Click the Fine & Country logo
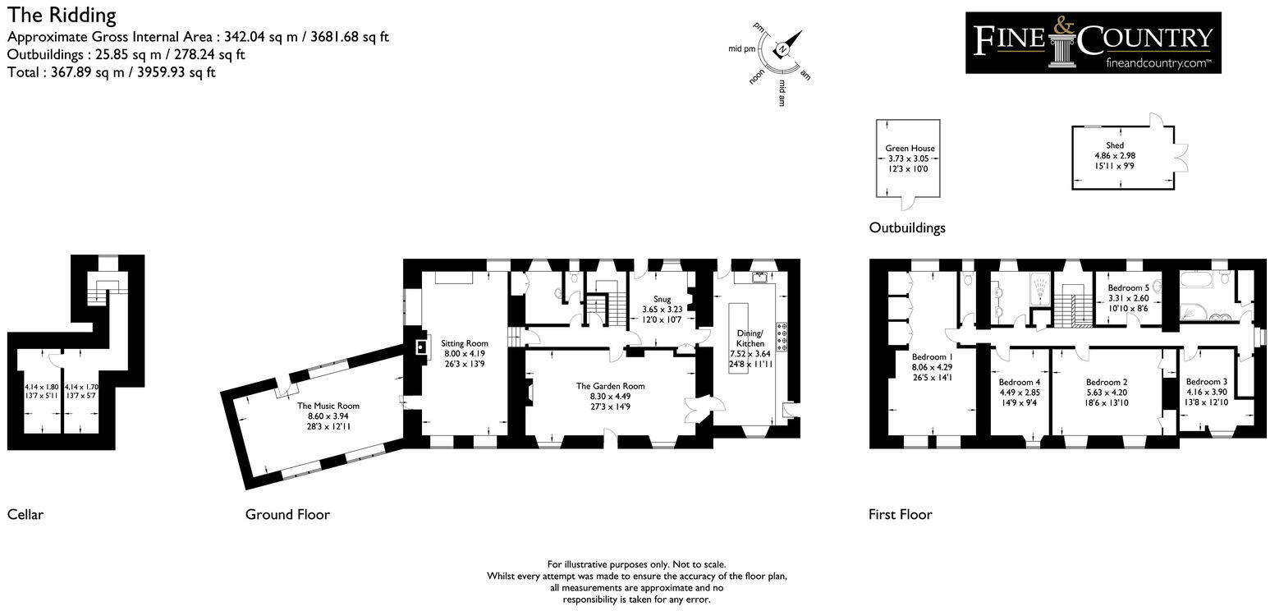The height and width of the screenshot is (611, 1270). click(1093, 43)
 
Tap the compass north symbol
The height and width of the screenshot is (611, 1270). click(783, 49)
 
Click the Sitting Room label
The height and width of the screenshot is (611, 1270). click(465, 343)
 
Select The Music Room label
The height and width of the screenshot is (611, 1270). click(328, 406)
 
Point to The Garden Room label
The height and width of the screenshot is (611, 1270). click(610, 386)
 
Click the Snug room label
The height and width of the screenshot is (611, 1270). click(663, 299)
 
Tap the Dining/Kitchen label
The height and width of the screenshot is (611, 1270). click(750, 338)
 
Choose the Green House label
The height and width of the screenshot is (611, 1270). click(910, 149)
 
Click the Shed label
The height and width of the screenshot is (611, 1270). click(1115, 145)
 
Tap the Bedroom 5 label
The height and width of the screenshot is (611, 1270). click(1128, 288)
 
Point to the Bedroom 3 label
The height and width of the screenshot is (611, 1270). click(1207, 382)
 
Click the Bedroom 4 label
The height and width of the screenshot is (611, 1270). click(1020, 382)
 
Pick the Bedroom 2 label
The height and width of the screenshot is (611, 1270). click(1107, 382)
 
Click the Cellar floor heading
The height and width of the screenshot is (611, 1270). click(25, 515)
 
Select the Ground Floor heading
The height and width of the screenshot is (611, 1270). click(287, 515)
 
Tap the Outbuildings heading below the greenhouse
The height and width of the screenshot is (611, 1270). click(907, 227)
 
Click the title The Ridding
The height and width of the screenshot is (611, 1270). click(62, 15)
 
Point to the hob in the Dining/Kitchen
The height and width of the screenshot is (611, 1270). click(782, 337)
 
